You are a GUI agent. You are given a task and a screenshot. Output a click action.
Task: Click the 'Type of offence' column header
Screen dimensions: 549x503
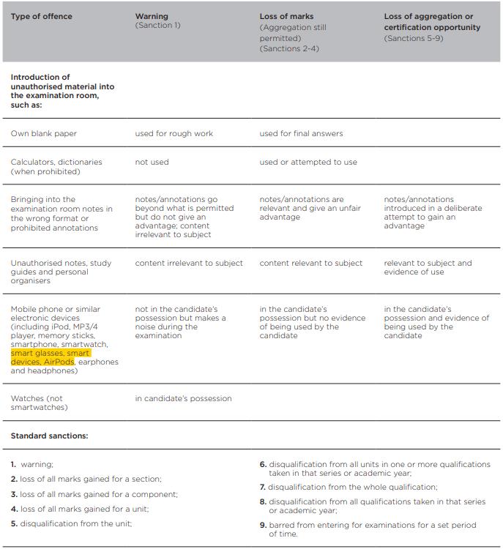click(x=41, y=16)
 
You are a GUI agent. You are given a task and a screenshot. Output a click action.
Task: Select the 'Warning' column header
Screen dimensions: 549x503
click(x=152, y=16)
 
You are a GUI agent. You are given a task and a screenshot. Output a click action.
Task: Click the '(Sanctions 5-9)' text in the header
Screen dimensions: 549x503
click(x=414, y=38)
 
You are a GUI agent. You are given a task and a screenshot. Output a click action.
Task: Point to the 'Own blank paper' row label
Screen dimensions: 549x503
click(x=44, y=133)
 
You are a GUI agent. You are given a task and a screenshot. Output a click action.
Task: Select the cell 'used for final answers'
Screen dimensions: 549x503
click(x=301, y=133)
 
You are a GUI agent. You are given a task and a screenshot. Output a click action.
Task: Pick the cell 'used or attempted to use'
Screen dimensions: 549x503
click(x=308, y=162)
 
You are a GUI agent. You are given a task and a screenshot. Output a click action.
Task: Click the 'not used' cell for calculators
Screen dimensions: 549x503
click(x=152, y=162)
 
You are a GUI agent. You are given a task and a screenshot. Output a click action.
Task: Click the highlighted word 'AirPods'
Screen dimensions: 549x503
click(x=59, y=362)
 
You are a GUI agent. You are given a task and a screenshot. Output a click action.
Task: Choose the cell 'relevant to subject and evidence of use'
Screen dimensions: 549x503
click(x=428, y=267)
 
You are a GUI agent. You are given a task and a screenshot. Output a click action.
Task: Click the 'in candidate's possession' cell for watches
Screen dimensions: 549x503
click(x=183, y=398)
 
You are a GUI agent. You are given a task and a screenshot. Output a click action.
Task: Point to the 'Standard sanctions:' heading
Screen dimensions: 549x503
click(x=49, y=436)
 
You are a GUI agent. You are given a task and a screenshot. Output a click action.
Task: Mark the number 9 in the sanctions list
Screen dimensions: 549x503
click(x=263, y=525)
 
